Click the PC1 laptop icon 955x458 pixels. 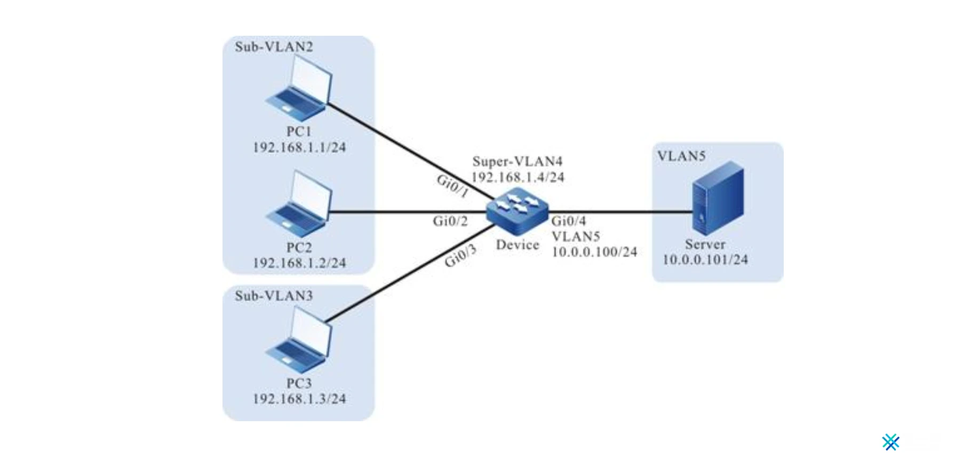click(x=299, y=89)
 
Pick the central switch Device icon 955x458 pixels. click(x=517, y=211)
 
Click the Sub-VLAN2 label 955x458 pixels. click(x=274, y=47)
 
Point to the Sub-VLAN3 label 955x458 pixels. click(x=274, y=296)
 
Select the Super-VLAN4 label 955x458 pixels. click(x=517, y=161)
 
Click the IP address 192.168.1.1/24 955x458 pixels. click(x=299, y=147)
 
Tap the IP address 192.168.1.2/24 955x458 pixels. click(x=299, y=263)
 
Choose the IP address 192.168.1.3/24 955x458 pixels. click(x=299, y=399)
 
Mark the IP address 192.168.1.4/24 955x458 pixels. click(x=517, y=177)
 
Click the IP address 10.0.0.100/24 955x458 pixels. click(x=594, y=252)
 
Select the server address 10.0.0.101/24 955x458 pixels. click(x=705, y=260)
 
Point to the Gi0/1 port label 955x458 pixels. click(x=452, y=185)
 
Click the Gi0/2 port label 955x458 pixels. click(x=450, y=221)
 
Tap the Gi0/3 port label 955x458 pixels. click(x=460, y=257)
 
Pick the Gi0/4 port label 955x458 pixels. click(x=568, y=221)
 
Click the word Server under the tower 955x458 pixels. click(x=705, y=244)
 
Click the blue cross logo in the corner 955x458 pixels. click(x=890, y=442)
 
